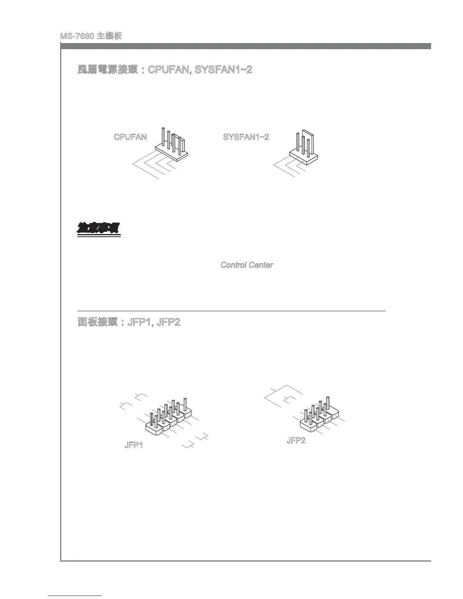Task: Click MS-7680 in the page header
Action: click(x=77, y=36)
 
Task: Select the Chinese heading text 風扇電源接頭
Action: click(x=107, y=70)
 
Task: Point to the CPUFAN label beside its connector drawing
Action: click(x=130, y=137)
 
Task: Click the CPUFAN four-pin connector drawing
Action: click(x=172, y=146)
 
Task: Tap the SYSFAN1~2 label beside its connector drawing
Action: click(x=246, y=137)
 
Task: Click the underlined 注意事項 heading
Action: click(x=99, y=229)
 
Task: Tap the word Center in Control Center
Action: click(x=261, y=265)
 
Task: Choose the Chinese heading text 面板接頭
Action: click(x=98, y=322)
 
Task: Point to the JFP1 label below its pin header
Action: click(x=134, y=445)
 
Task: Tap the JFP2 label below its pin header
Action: click(x=296, y=441)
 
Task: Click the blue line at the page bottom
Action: click(x=75, y=596)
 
